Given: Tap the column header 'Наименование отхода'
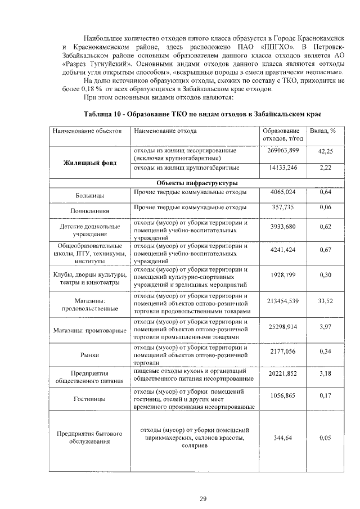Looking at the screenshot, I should [x=165, y=130].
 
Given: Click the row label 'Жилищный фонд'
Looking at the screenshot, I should [x=90, y=163].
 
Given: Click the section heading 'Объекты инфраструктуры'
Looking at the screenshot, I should [x=197, y=183].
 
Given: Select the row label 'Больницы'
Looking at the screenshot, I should [x=89, y=196].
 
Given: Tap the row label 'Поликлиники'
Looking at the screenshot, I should [x=89, y=211].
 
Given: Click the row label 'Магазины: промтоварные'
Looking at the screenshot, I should [x=90, y=330].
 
